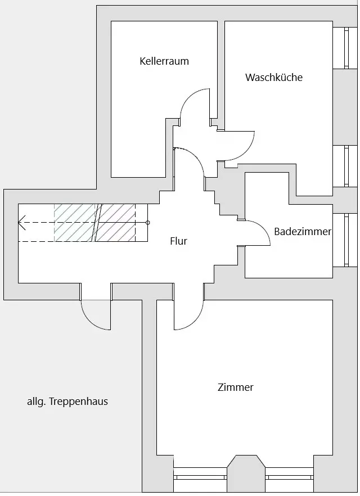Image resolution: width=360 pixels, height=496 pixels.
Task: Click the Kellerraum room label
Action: coord(164,61)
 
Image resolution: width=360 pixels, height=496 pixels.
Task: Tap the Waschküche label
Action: coord(274,78)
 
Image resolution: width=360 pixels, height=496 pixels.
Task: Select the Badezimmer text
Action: coord(303,232)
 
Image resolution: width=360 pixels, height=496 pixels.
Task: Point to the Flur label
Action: coord(178,242)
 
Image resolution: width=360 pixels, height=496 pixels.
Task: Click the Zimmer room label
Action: coord(236,387)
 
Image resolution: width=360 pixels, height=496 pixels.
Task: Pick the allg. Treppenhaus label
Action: coord(67,402)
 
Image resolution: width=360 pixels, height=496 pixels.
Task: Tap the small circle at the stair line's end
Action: coord(148,223)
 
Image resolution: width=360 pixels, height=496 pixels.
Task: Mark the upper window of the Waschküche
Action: coord(340,48)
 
